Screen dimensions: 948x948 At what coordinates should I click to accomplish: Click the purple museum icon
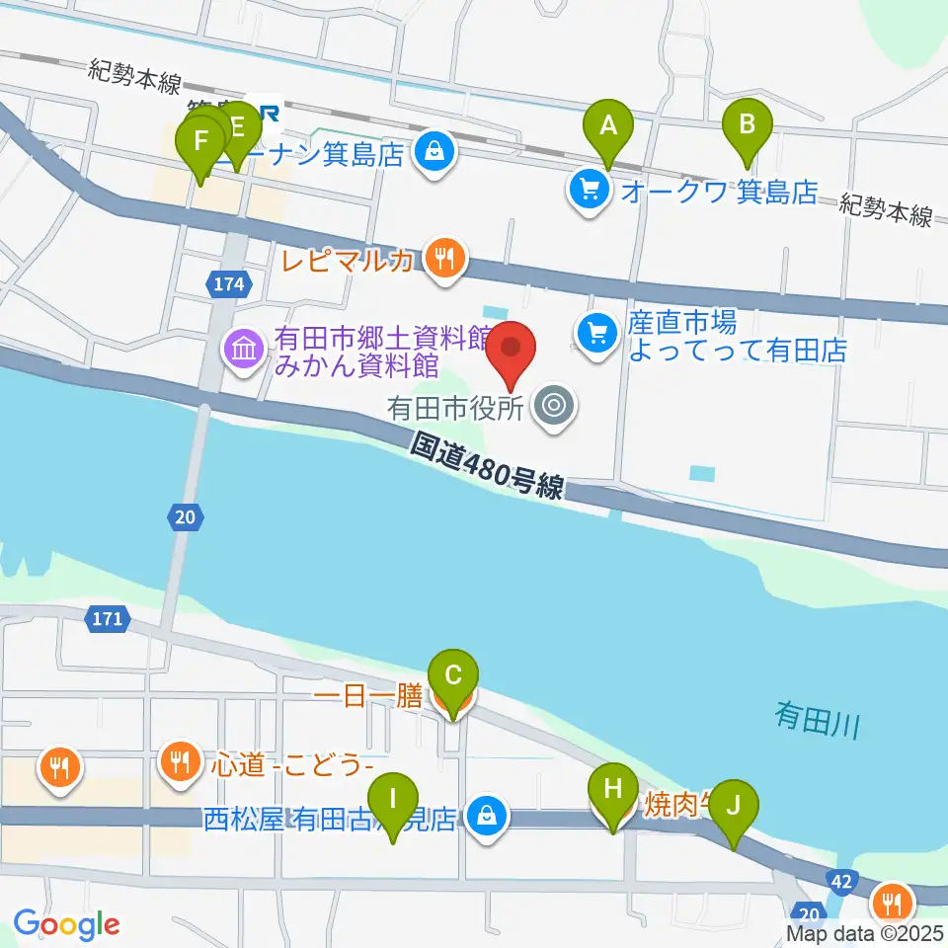[243, 348]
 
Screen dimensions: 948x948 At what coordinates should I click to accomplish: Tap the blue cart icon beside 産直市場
[596, 332]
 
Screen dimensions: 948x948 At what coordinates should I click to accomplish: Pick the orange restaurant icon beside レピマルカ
[446, 259]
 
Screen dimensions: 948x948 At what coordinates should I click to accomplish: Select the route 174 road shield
[227, 284]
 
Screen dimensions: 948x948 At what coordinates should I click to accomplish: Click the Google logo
[66, 924]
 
